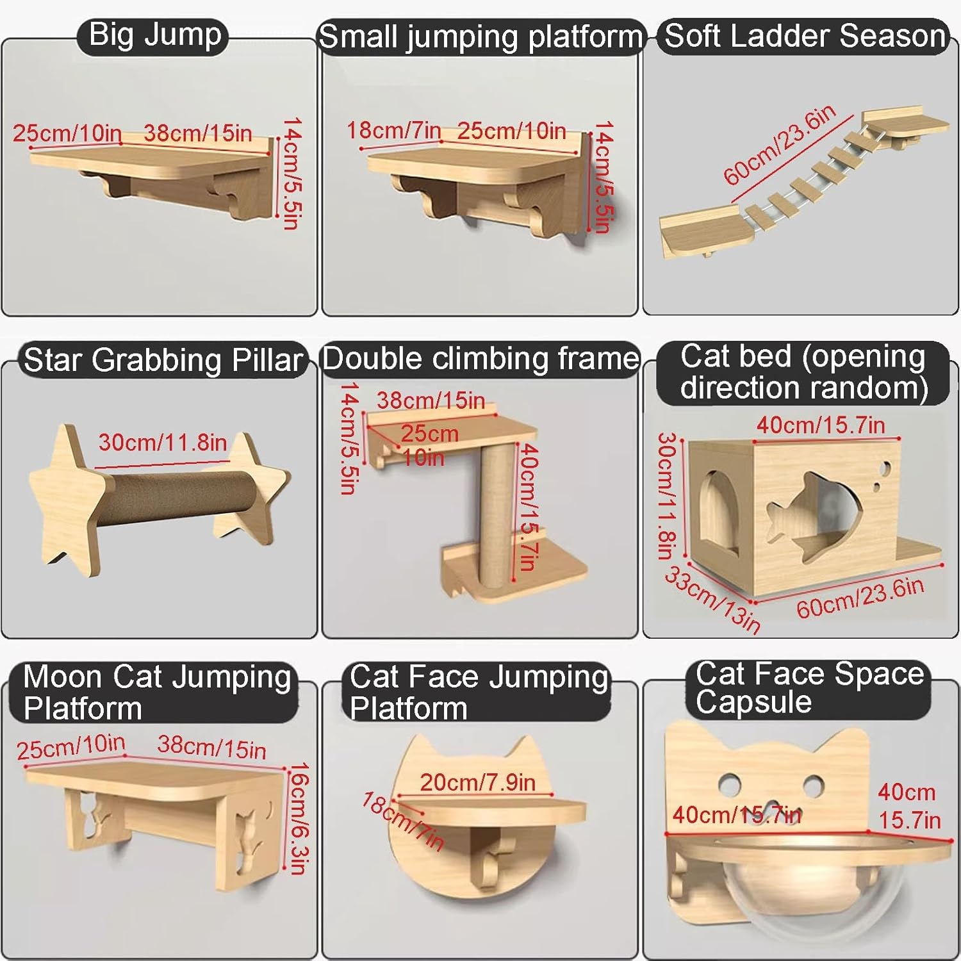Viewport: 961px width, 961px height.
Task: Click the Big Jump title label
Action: coord(155,35)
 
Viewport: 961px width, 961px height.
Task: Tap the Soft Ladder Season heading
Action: coord(805,36)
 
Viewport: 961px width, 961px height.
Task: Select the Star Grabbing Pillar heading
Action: coord(163,360)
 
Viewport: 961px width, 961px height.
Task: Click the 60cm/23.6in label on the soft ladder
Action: coord(780,145)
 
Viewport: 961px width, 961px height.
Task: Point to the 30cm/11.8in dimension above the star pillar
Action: coord(163,442)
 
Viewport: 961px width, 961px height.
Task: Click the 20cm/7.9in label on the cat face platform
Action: coord(477,782)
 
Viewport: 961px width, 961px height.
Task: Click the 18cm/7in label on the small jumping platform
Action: coord(393,130)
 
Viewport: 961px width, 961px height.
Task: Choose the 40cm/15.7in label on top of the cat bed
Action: coord(821,425)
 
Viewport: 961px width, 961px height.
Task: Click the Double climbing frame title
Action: coord(481,359)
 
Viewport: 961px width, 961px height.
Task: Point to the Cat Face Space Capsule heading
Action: coord(810,688)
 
